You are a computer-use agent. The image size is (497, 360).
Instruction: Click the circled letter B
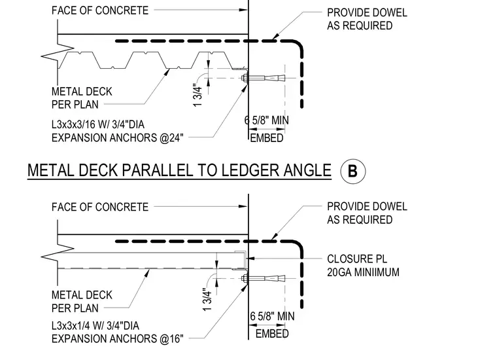coord(352,171)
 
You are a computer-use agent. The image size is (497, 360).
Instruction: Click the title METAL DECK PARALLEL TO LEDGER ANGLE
coord(179,170)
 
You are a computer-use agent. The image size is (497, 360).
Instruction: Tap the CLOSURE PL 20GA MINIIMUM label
coord(363,266)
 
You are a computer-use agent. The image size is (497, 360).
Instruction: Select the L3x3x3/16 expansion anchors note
coord(118,131)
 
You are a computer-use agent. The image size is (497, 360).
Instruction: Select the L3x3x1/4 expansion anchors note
coord(118,332)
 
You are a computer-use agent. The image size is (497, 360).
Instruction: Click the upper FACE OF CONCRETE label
coord(100,10)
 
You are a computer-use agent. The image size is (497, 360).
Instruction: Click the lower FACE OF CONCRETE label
coord(100,207)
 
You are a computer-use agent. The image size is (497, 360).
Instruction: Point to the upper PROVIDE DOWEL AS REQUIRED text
coord(367,19)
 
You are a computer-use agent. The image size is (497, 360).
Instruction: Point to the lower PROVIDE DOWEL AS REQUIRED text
coord(367,213)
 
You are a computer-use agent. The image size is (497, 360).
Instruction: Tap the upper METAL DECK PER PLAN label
coord(82,98)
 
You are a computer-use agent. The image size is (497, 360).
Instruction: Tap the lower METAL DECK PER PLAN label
coord(82,302)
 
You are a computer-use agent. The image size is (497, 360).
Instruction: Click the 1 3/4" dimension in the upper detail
coord(197,95)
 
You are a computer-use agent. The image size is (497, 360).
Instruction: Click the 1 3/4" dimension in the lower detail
coord(207,299)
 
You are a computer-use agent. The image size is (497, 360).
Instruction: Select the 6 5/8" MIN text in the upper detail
coord(267,120)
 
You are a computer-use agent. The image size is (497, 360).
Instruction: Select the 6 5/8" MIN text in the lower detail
coord(272,316)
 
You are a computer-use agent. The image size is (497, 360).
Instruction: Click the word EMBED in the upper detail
coord(267,138)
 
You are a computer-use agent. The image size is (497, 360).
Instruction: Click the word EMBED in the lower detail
coord(272,334)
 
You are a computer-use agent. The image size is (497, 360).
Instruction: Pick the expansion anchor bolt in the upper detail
coord(263,78)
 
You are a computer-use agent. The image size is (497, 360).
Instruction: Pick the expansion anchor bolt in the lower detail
coord(263,279)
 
